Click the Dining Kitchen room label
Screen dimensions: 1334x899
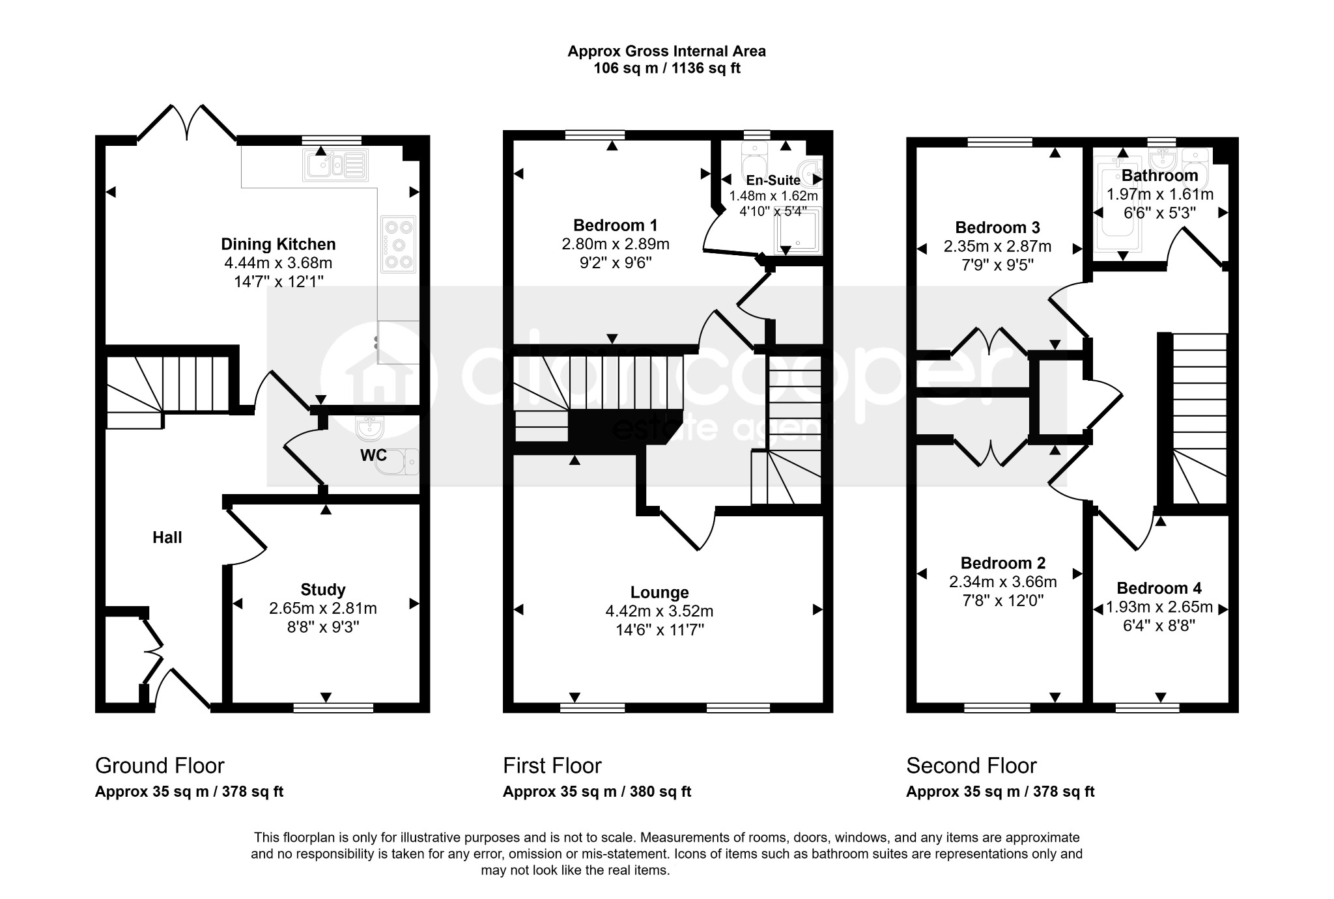coord(278,244)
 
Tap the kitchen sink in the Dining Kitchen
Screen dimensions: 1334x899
coord(335,165)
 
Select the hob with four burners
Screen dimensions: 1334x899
coord(398,244)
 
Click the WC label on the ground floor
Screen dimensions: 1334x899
coord(373,456)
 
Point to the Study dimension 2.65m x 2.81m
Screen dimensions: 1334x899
coord(323,608)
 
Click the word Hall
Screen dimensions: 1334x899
coord(167,537)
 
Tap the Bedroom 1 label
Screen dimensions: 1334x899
coord(616,225)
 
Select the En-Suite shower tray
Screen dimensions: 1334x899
coord(798,231)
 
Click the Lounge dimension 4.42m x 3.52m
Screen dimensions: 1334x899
coord(659,611)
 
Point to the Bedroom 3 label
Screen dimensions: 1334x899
coord(997,228)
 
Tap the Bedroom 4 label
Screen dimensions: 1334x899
coord(1159,588)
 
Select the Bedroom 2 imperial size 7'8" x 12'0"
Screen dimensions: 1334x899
coord(1003,600)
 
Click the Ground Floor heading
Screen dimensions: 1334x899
coord(160,766)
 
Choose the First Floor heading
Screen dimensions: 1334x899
coord(552,766)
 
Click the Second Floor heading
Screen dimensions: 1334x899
coord(971,766)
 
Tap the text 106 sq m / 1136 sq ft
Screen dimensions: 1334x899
coord(667,68)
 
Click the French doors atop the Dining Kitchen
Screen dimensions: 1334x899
coord(187,123)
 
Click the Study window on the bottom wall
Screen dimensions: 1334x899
coord(333,708)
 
